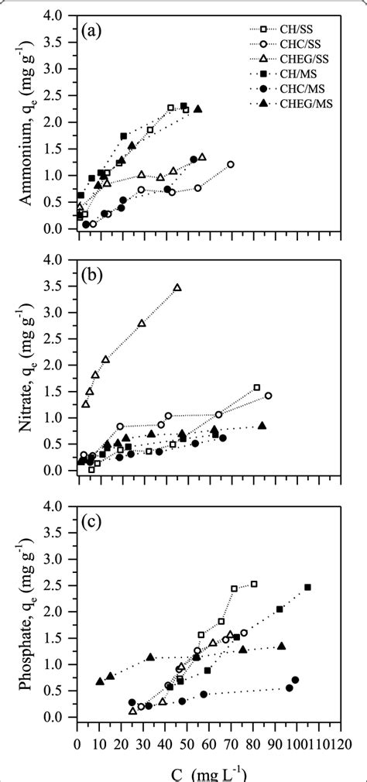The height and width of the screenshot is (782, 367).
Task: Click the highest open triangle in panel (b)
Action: [177, 287]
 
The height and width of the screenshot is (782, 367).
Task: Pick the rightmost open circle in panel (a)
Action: [231, 165]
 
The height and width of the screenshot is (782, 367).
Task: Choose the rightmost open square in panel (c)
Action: [254, 584]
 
